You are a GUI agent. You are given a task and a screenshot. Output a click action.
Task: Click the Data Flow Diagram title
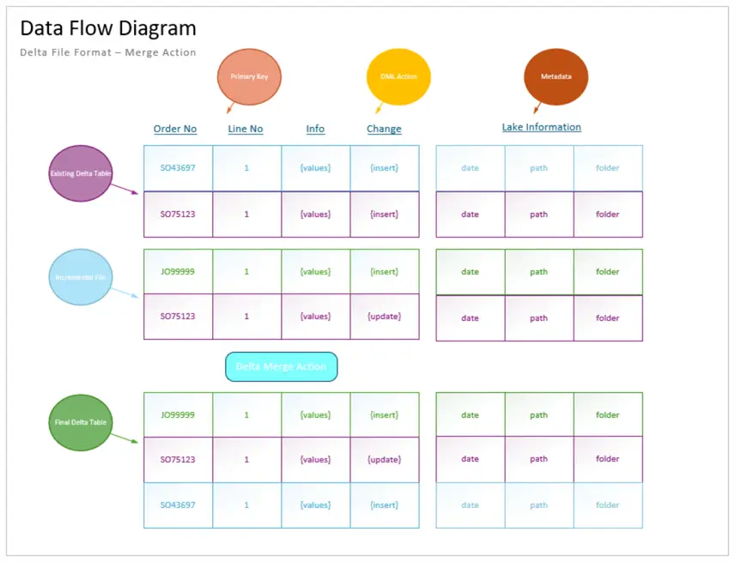click(x=108, y=28)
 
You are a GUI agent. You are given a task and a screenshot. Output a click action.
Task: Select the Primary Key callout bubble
click(x=249, y=76)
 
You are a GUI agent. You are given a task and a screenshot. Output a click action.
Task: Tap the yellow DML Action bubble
click(x=398, y=76)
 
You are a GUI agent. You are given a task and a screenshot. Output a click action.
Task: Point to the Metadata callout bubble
click(x=556, y=76)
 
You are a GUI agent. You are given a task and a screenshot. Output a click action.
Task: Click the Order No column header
click(x=175, y=129)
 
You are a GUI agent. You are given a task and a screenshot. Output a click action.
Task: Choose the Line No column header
click(x=246, y=129)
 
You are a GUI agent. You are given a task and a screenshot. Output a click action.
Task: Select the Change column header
click(x=384, y=129)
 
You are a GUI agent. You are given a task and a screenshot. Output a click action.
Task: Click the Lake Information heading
click(x=541, y=127)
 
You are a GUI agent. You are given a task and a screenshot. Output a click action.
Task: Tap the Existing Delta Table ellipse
click(x=81, y=173)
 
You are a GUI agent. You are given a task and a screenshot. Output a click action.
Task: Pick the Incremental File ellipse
click(x=81, y=277)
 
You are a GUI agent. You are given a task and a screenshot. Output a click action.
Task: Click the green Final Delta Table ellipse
click(x=81, y=422)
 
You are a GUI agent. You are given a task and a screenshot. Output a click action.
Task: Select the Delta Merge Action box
click(x=281, y=366)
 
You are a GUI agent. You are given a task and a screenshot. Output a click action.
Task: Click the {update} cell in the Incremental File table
click(x=384, y=317)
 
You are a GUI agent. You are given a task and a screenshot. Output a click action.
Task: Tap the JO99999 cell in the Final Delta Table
click(x=178, y=415)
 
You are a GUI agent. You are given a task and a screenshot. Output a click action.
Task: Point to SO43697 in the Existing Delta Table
click(x=178, y=168)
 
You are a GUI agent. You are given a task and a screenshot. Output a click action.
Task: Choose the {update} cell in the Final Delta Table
click(x=384, y=460)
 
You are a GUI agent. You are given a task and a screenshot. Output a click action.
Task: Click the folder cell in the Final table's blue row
click(x=607, y=505)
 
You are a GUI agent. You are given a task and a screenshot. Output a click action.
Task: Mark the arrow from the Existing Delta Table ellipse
click(x=125, y=189)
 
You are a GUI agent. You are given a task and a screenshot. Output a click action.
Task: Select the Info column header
click(x=315, y=129)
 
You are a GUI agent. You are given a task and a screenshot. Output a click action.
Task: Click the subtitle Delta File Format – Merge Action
click(x=108, y=52)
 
